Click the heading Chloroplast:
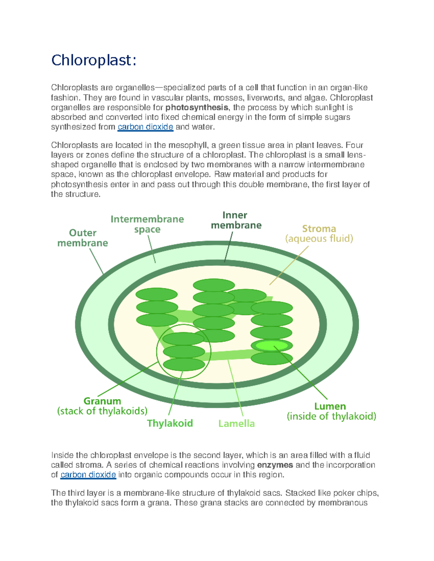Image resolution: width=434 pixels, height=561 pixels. tap(94, 60)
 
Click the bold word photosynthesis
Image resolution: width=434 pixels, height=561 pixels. tap(197, 108)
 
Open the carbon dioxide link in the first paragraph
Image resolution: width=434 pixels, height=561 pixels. tap(145, 127)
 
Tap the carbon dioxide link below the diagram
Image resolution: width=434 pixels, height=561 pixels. tap(88, 475)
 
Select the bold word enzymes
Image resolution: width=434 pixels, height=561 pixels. tap(275, 465)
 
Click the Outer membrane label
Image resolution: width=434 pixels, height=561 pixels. tap(82, 238)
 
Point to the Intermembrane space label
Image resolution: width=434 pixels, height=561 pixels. tap(147, 224)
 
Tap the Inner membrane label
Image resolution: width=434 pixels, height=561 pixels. tap(236, 220)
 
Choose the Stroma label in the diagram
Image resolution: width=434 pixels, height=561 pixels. tap(319, 229)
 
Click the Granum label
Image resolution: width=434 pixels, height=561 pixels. tap(102, 401)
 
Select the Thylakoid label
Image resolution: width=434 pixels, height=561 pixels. tap(170, 423)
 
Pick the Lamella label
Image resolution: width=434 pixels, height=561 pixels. tap(237, 423)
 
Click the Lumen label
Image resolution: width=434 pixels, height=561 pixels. tap(330, 406)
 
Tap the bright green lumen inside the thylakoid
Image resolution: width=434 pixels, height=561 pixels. tap(272, 346)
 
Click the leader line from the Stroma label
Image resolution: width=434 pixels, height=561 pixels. tap(289, 266)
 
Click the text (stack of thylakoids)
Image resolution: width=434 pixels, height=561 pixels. tap(102, 411)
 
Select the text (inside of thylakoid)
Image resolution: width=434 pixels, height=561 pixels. tap(331, 417)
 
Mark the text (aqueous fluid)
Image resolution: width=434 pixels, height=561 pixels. tap(319, 239)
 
